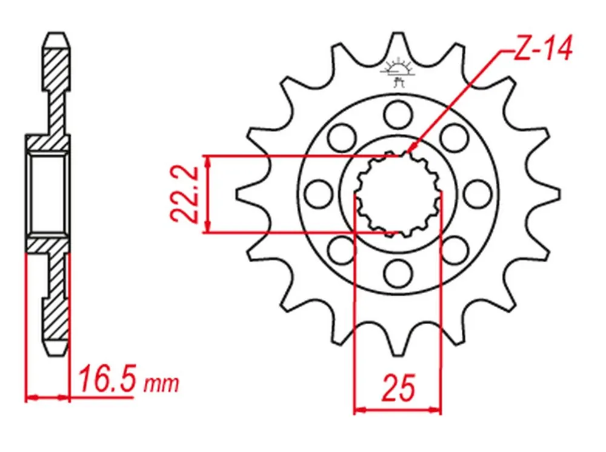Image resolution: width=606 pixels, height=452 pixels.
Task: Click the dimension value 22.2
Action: (184, 194)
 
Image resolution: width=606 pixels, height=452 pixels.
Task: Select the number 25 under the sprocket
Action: (398, 388)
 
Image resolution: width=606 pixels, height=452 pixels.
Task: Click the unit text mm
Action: (161, 384)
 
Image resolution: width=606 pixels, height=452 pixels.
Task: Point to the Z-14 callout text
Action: (542, 48)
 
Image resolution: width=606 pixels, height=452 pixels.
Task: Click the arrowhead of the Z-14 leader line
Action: (411, 148)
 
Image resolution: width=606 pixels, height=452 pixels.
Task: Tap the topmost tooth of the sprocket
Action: (398, 43)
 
